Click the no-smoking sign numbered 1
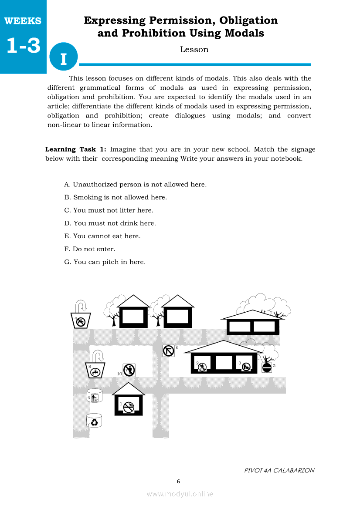[x=129, y=408]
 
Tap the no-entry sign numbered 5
[x=267, y=367]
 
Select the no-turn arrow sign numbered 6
[x=168, y=351]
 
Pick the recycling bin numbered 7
[x=95, y=421]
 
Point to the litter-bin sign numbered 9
[x=95, y=397]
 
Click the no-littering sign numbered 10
[x=129, y=371]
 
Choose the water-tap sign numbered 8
[x=95, y=371]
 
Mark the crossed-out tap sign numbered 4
[x=80, y=322]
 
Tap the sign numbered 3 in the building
[x=246, y=366]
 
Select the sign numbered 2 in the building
[x=201, y=367]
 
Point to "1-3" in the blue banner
[x=24, y=45]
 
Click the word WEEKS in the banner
[x=23, y=21]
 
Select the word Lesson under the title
[x=194, y=50]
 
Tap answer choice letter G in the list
[x=68, y=262]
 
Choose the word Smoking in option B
[x=87, y=197]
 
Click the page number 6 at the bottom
[x=178, y=482]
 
